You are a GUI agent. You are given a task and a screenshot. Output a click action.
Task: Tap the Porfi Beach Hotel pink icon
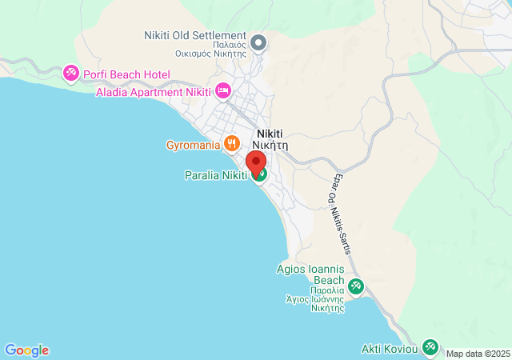click(x=71, y=74)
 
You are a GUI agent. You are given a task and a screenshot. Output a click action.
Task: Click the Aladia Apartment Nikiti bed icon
click(x=223, y=90)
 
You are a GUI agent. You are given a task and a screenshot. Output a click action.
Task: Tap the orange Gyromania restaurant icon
click(x=232, y=144)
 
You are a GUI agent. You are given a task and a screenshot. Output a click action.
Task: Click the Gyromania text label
click(x=193, y=145)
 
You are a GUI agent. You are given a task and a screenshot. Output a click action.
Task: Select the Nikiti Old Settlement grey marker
click(x=258, y=42)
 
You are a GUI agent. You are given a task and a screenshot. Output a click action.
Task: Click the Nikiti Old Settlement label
click(x=194, y=36)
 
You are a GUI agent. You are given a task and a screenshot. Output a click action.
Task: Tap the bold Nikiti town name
click(x=270, y=134)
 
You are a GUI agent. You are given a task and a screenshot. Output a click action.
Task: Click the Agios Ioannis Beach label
click(x=310, y=274)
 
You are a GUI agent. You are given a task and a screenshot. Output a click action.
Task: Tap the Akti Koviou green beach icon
click(x=430, y=346)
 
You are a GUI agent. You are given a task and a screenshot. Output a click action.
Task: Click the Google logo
click(x=26, y=350)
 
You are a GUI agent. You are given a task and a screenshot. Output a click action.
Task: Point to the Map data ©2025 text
click(x=478, y=354)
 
